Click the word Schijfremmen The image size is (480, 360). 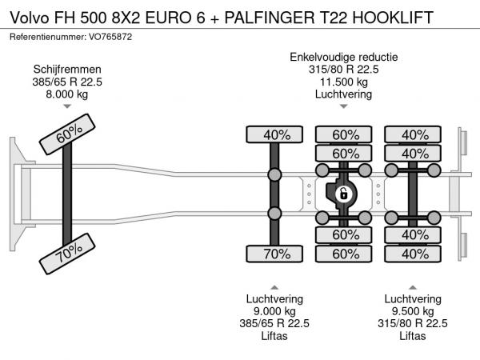click(x=67, y=69)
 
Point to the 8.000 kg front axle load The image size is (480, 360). click(x=67, y=94)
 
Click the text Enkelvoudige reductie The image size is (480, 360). click(x=343, y=57)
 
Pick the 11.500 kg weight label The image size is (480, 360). click(x=343, y=82)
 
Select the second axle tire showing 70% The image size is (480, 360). click(x=274, y=254)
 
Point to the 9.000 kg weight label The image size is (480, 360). click(x=274, y=311)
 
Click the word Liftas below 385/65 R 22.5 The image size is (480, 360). click(x=274, y=336)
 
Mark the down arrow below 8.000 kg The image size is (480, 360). click(x=67, y=106)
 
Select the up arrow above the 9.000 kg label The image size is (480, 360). click(x=274, y=286)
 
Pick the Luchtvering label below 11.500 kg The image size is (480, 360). click(x=343, y=94)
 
